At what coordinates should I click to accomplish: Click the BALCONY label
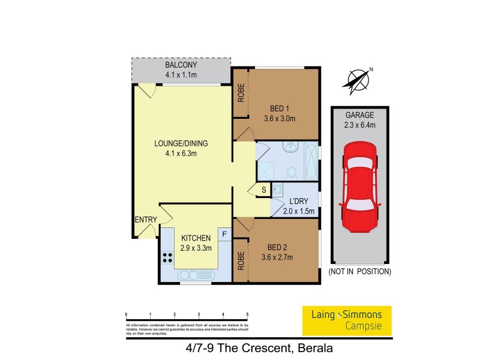[x=181, y=65]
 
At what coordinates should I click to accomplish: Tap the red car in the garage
[x=360, y=191]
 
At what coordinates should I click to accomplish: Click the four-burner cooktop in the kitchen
[x=167, y=258]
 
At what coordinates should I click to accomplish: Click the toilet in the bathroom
[x=292, y=172]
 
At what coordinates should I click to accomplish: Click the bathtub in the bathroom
[x=311, y=161]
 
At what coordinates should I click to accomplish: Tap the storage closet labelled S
[x=262, y=191]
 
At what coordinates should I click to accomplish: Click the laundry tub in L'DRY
[x=278, y=190]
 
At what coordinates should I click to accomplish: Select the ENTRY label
[x=145, y=220]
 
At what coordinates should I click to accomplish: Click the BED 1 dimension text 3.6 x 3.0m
[x=283, y=118]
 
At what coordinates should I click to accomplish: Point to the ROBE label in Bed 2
[x=241, y=260]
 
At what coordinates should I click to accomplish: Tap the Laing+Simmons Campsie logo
[x=346, y=321]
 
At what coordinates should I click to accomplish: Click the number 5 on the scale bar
[x=247, y=314]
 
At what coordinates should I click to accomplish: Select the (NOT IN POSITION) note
[x=359, y=272]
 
